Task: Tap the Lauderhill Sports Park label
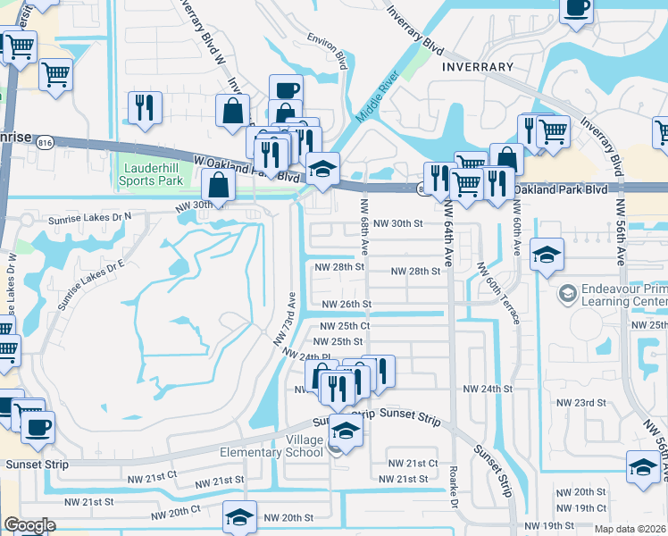pyautogui.click(x=152, y=173)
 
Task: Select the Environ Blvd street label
pyautogui.click(x=328, y=51)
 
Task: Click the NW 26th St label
pyautogui.click(x=344, y=304)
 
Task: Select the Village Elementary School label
pyautogui.click(x=271, y=446)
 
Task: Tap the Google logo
pyautogui.click(x=29, y=525)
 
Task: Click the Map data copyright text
pyautogui.click(x=630, y=529)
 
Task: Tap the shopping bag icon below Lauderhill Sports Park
pyautogui.click(x=219, y=187)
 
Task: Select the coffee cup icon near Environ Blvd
pyautogui.click(x=286, y=90)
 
